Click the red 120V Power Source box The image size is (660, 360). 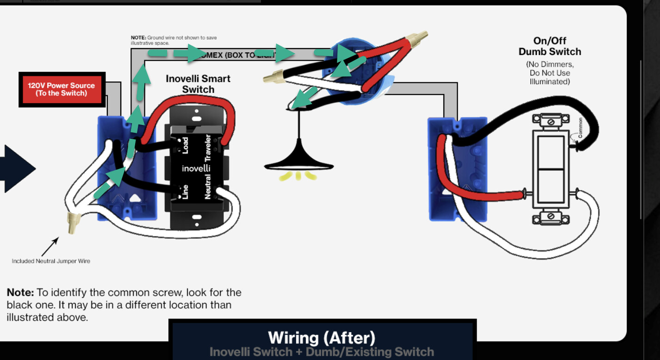click(x=62, y=89)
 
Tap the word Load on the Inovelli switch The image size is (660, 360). click(x=185, y=145)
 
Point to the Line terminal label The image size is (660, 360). click(x=185, y=192)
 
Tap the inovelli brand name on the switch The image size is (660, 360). click(x=196, y=168)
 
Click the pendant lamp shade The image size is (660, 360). click(x=299, y=160)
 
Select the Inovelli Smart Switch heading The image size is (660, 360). click(x=198, y=84)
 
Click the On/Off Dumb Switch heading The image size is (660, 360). click(x=550, y=46)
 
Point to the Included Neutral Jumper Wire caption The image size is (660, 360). click(x=51, y=261)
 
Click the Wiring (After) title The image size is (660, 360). click(x=322, y=337)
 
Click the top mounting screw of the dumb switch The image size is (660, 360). click(x=551, y=122)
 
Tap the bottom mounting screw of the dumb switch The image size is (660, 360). click(x=551, y=216)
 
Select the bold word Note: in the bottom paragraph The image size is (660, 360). click(x=20, y=293)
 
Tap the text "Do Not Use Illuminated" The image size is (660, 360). click(x=550, y=77)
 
